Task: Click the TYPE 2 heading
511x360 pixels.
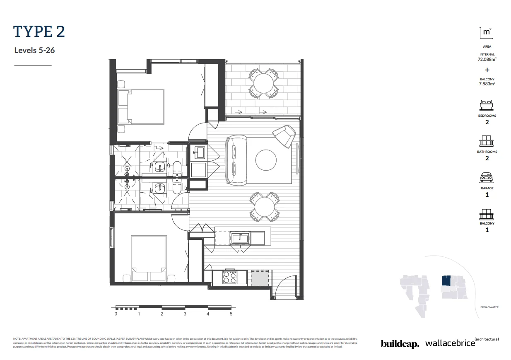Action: [39, 31]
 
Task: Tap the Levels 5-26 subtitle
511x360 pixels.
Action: [34, 51]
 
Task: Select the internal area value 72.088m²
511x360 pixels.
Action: [487, 59]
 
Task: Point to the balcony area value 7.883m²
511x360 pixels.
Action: [487, 84]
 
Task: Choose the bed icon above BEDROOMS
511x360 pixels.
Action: [487, 105]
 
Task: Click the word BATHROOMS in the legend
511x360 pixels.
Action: [487, 152]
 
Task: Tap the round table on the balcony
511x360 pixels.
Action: [263, 83]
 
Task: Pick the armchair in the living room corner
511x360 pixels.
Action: [285, 135]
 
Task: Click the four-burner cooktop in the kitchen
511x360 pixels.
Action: [230, 277]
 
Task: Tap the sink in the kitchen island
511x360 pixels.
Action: [240, 238]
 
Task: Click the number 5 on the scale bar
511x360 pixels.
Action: [231, 314]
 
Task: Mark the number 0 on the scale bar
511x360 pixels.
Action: [116, 314]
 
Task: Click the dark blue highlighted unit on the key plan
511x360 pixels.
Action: [446, 281]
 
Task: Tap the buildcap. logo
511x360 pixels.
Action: [400, 343]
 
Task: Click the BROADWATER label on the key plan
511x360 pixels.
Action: [489, 307]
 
